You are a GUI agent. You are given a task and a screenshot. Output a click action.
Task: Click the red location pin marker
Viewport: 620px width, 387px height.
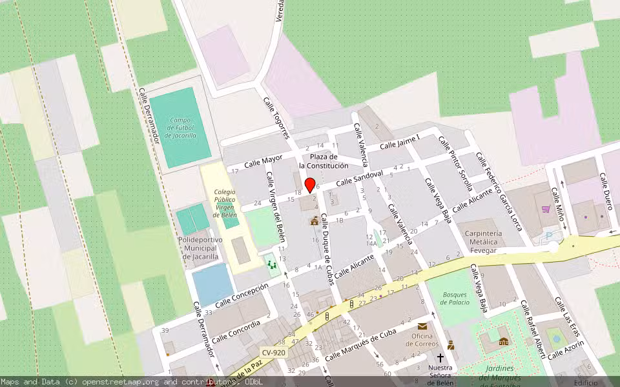[x=310, y=185]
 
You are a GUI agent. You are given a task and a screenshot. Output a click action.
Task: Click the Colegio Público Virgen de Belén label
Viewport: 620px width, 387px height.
[x=225, y=203]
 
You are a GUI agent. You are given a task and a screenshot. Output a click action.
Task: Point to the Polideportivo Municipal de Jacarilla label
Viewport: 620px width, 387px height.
[x=200, y=248]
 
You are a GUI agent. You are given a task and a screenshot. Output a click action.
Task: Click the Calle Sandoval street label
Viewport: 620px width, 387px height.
[x=360, y=178]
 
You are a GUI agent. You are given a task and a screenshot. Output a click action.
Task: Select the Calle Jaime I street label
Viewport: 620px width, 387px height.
[x=400, y=142]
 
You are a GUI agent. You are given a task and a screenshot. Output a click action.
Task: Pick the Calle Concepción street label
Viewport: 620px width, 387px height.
[x=241, y=295]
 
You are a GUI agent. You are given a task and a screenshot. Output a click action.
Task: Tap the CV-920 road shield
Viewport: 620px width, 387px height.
[x=274, y=352]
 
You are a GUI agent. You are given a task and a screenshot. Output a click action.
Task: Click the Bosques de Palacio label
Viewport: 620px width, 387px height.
[x=455, y=299]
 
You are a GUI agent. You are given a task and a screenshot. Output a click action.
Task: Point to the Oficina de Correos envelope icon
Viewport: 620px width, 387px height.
[x=422, y=326]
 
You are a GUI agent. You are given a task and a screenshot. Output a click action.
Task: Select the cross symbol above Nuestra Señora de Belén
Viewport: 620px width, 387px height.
[x=440, y=357]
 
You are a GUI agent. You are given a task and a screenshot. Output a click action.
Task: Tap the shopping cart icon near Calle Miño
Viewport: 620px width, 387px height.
[x=546, y=209]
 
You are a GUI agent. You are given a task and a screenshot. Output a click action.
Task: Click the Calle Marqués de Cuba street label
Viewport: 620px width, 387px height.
[x=360, y=346]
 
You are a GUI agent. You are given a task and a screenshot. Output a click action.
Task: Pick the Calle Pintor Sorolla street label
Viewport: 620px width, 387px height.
[x=456, y=164]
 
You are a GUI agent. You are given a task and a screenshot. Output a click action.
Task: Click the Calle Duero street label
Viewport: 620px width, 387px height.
[x=605, y=192]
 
